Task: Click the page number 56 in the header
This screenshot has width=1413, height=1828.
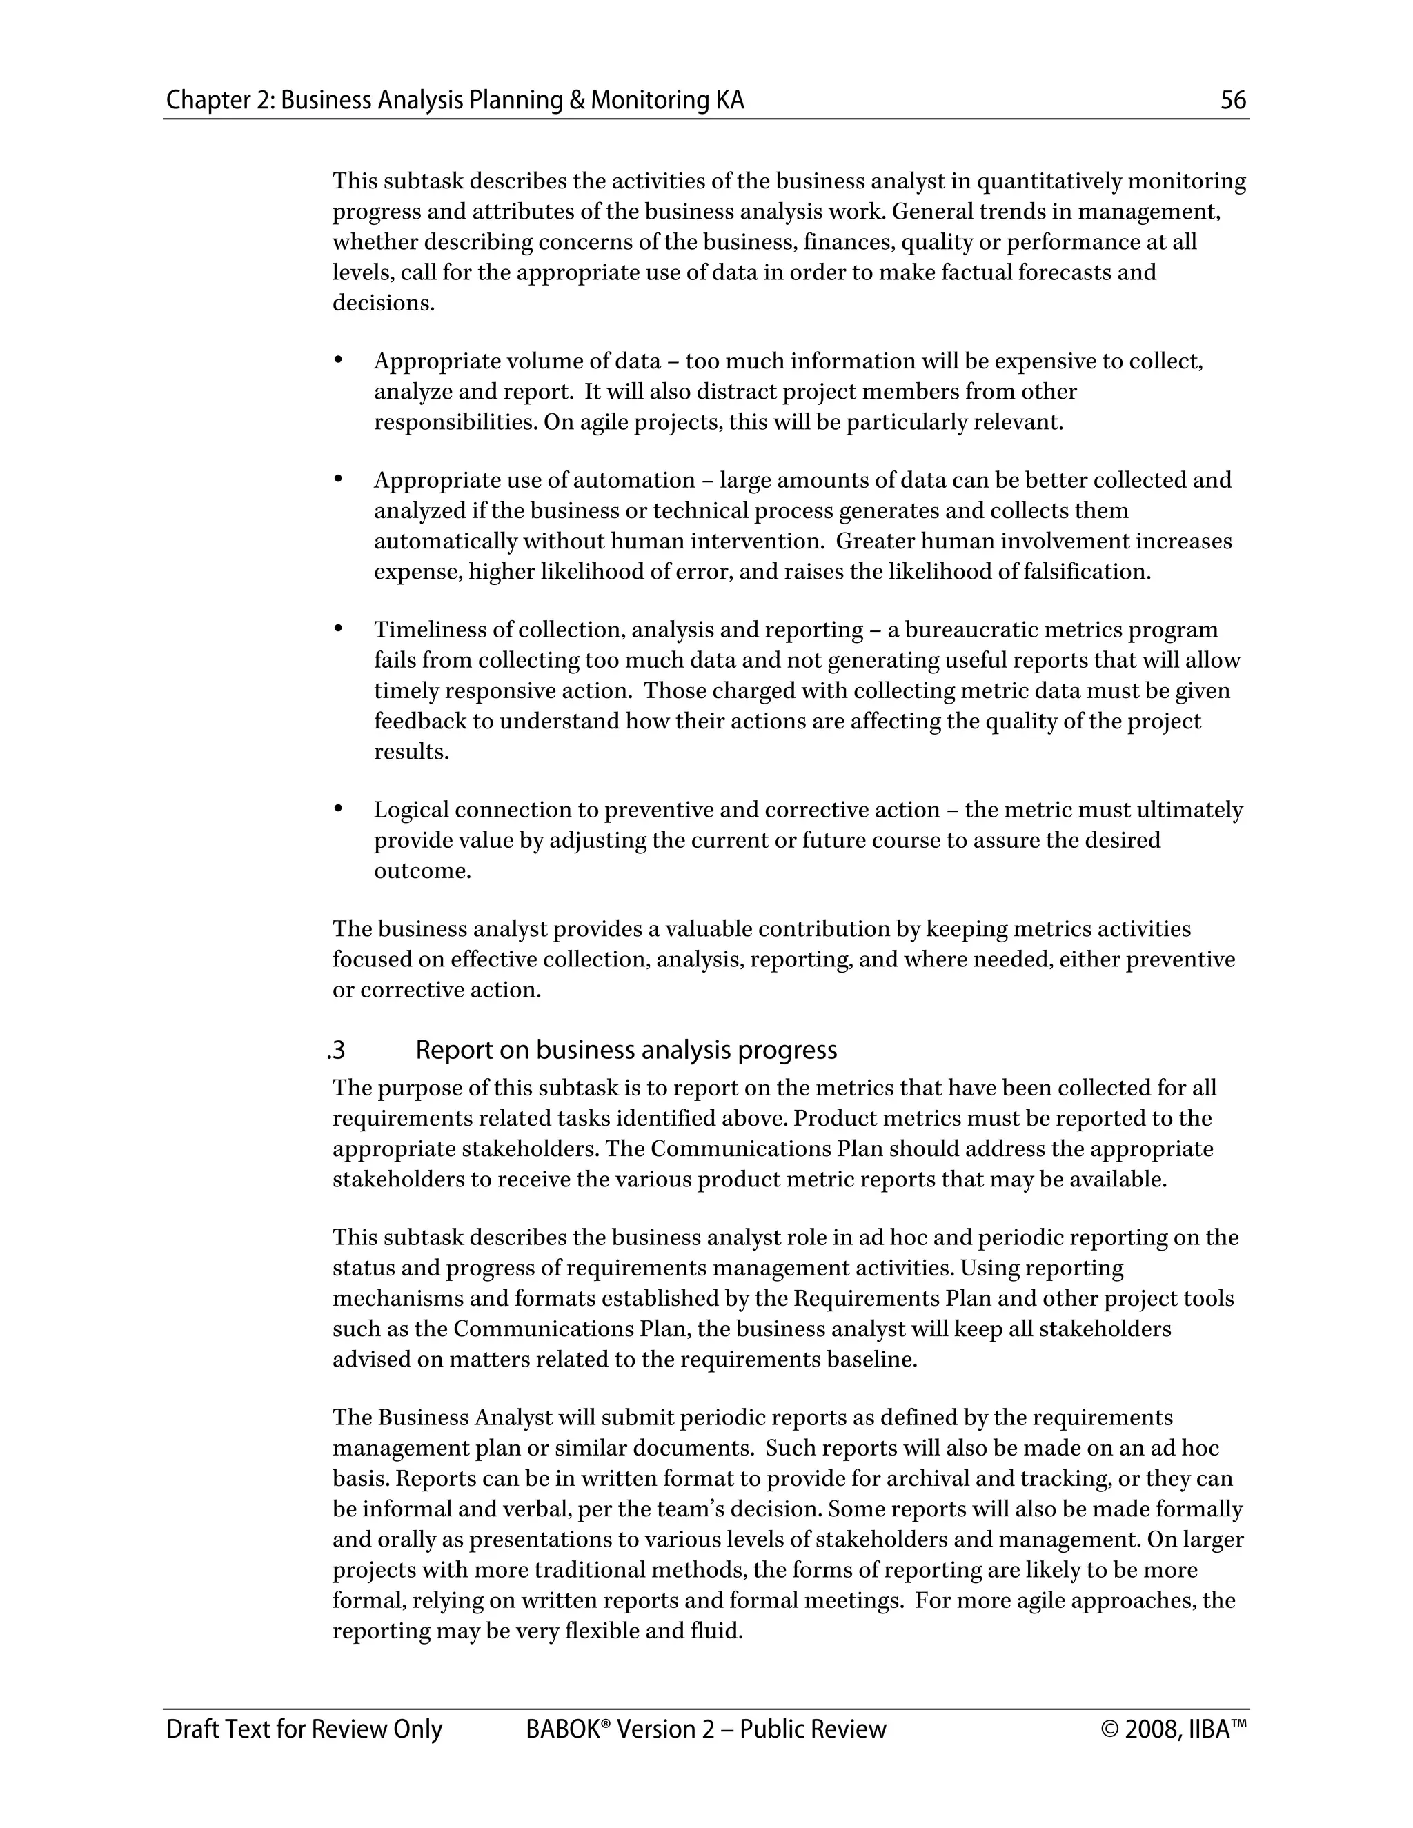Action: tap(1233, 101)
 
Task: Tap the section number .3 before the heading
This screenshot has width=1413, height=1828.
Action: tap(337, 1051)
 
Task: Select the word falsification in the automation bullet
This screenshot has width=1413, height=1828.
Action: tap(1096, 572)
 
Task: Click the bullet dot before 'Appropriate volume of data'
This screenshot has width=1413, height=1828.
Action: tap(339, 361)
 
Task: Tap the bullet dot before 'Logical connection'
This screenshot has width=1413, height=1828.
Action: tap(339, 809)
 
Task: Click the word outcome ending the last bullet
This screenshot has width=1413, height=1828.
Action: tap(421, 871)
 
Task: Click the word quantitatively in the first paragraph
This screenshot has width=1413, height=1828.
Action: tap(1049, 181)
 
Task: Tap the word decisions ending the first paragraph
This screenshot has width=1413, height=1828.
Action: tap(382, 303)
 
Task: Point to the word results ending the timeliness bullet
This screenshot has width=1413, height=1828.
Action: tap(411, 752)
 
